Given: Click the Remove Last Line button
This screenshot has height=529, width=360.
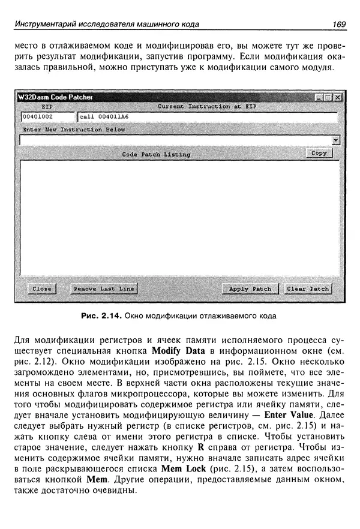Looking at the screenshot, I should [x=103, y=289].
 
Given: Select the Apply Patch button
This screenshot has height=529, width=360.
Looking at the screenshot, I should [x=250, y=289].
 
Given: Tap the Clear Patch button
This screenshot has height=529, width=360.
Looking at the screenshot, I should [x=308, y=289].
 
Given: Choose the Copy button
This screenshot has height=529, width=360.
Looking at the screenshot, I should [x=319, y=154].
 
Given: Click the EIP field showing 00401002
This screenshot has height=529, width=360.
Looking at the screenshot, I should [x=47, y=117].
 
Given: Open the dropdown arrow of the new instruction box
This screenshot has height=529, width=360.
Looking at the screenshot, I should [x=336, y=140].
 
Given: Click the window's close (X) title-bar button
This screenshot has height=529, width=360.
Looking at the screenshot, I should [x=338, y=97].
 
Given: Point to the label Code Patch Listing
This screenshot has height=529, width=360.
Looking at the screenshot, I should [x=156, y=155].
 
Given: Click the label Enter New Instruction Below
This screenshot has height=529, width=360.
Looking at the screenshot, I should [x=74, y=129].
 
